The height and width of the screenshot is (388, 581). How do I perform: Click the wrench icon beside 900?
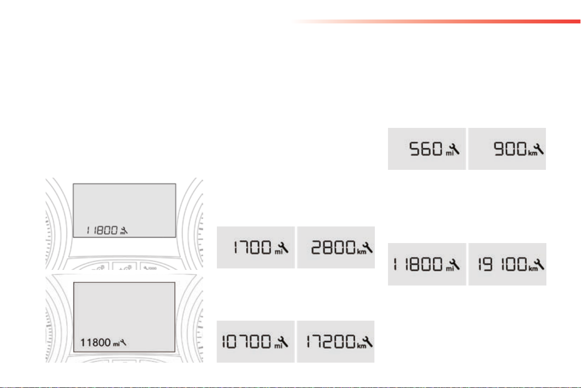pyautogui.click(x=539, y=148)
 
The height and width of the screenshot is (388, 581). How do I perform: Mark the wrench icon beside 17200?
pyautogui.click(x=368, y=341)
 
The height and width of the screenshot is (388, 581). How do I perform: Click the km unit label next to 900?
pyautogui.click(x=529, y=153)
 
